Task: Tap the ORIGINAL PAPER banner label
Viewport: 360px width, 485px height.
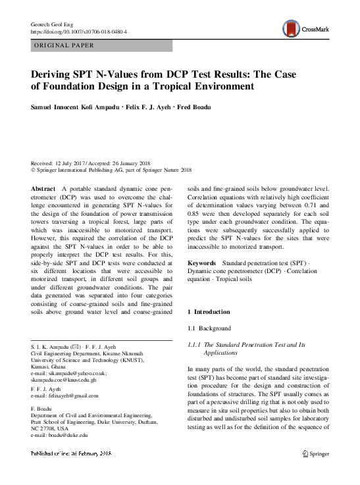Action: click(x=64, y=45)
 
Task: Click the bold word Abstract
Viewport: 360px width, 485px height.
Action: click(x=43, y=188)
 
